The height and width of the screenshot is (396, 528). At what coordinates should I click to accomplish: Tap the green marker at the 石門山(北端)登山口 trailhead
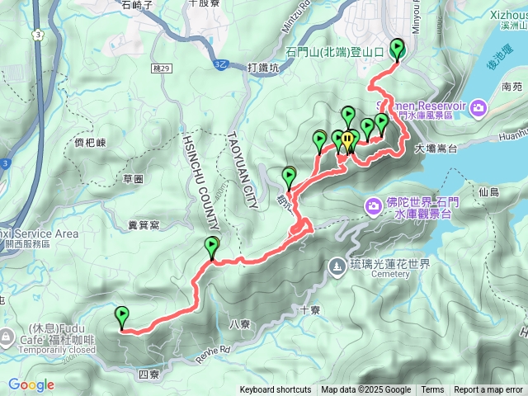tap(398, 49)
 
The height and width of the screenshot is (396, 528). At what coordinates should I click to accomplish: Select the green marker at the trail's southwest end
tap(122, 316)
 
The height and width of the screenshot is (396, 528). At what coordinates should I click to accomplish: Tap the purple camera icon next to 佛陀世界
tap(373, 204)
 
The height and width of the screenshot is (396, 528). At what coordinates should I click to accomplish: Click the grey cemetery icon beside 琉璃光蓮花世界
tap(337, 266)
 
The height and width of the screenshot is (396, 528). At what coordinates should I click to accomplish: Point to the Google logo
tap(31, 384)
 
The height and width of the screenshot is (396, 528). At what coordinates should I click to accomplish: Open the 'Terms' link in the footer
tap(432, 390)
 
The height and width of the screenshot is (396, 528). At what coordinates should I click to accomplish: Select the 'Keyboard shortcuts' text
tap(276, 390)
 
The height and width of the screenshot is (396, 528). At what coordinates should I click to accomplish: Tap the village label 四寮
tap(148, 375)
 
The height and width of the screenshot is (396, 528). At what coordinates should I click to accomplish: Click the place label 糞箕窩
tap(144, 223)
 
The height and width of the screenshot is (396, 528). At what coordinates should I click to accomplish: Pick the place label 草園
tap(133, 178)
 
